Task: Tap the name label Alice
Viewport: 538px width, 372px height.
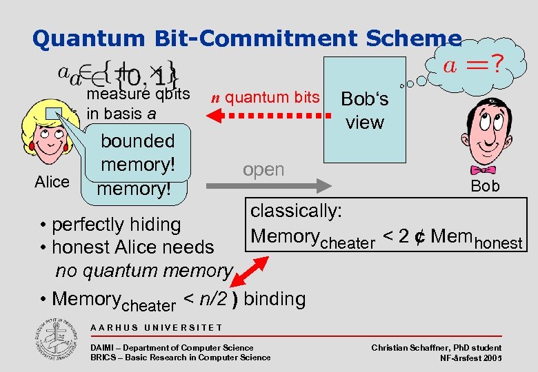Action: (x=52, y=182)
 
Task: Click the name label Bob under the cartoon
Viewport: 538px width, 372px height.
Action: (x=485, y=186)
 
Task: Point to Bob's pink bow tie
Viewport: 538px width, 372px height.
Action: (x=484, y=169)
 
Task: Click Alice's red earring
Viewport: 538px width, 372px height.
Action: (x=66, y=147)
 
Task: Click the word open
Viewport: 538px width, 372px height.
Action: (x=263, y=169)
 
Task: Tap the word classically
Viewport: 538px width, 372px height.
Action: (x=297, y=210)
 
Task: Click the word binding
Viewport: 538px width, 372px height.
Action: (x=274, y=298)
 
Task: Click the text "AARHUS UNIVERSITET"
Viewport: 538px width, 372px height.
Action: (x=156, y=327)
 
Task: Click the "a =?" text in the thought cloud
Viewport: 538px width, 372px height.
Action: (x=472, y=68)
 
